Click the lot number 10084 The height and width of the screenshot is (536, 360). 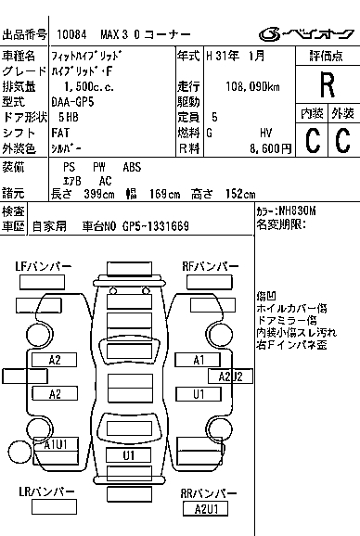[71, 34]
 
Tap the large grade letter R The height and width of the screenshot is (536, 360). [328, 84]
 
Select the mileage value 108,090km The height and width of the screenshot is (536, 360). [252, 87]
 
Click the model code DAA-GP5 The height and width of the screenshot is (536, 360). [72, 102]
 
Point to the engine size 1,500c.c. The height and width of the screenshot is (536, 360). [89, 87]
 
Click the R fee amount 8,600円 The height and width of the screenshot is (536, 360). [270, 148]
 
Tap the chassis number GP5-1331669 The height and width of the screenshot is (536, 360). [156, 226]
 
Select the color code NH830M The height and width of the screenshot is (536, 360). [298, 211]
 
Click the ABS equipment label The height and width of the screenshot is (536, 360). [132, 167]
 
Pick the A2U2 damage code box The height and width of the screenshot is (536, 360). [230, 376]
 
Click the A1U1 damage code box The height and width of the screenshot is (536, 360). [56, 444]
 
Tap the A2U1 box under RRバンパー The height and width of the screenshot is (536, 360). [205, 509]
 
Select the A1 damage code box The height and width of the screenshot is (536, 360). [198, 360]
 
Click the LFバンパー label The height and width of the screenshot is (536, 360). [44, 266]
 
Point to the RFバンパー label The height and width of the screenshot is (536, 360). [211, 266]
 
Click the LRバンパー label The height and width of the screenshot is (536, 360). [46, 491]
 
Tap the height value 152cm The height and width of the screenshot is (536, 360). [240, 194]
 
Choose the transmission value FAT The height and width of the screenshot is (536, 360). [60, 133]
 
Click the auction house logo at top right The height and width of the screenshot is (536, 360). [306, 34]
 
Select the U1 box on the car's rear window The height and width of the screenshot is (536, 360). [129, 455]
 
